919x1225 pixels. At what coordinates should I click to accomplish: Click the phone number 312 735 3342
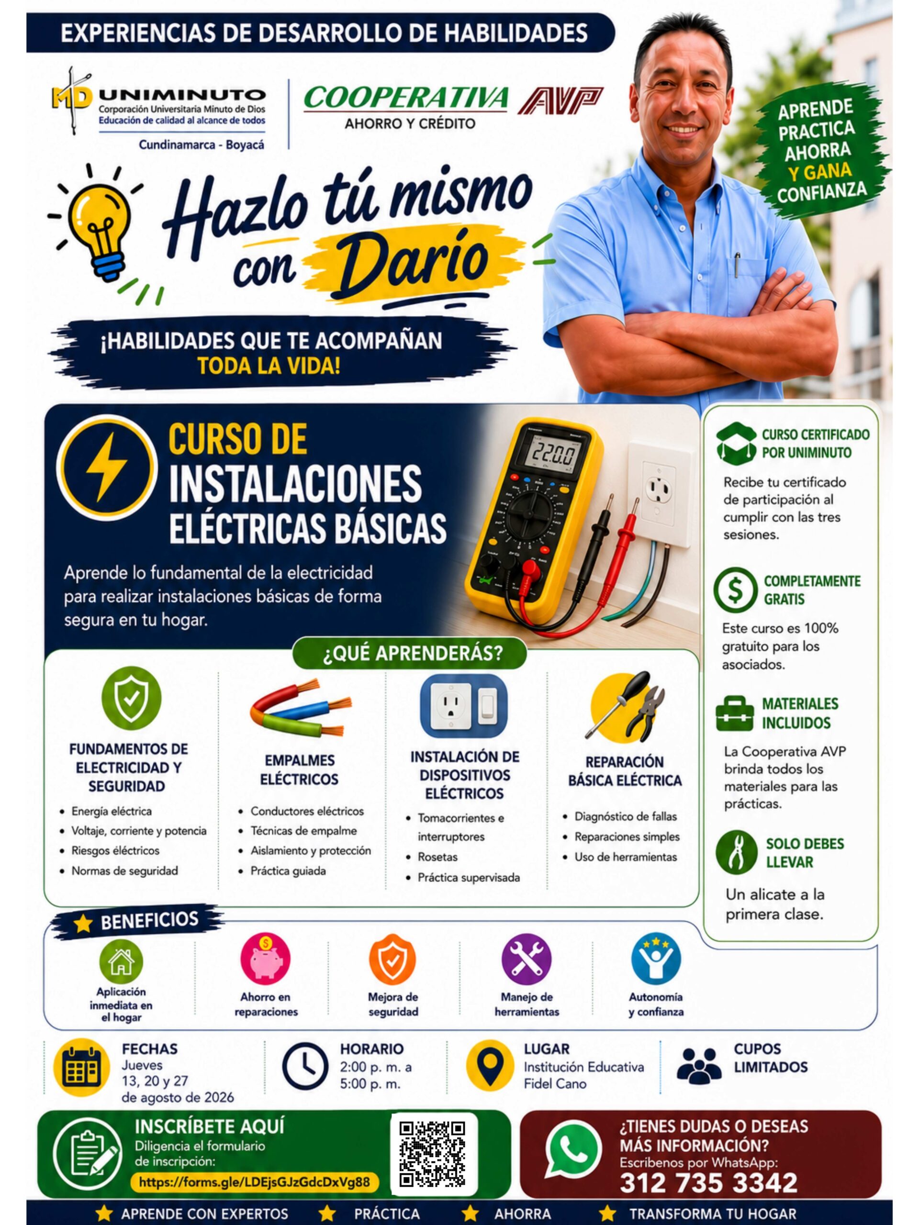708,1182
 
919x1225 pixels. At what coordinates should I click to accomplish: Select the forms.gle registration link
254,1182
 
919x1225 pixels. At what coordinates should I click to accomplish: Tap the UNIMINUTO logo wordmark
182,95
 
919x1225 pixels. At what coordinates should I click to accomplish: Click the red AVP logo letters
560,100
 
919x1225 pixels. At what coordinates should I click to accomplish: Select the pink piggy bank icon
265,958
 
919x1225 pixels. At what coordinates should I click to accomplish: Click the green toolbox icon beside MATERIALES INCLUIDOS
735,714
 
